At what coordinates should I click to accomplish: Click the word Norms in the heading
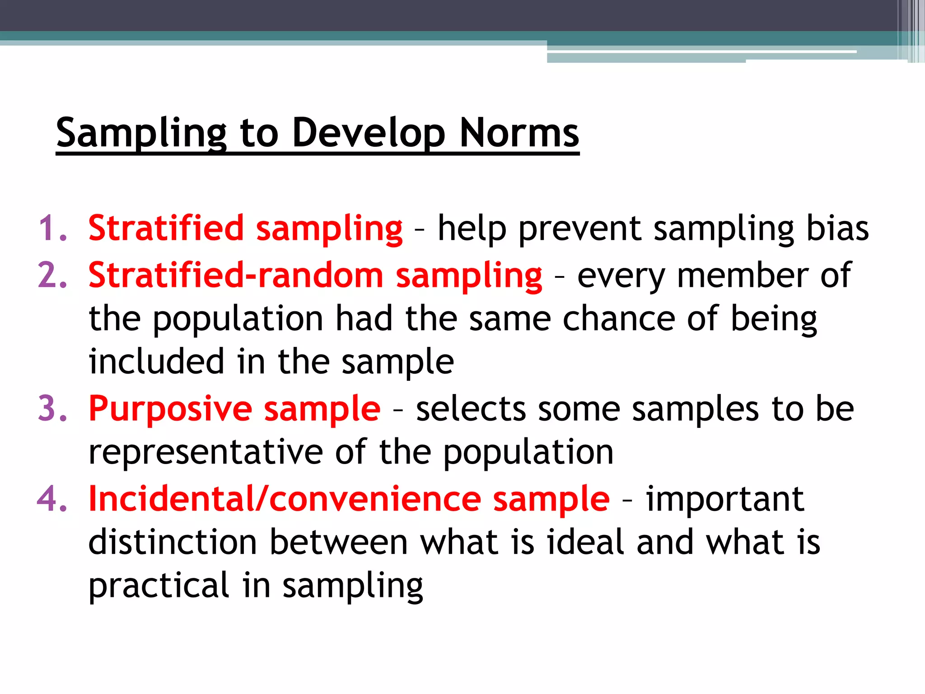click(x=519, y=133)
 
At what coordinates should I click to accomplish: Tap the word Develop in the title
click(x=369, y=134)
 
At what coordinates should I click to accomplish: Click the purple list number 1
click(x=52, y=228)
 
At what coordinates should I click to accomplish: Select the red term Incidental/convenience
click(x=285, y=499)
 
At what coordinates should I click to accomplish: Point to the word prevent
click(x=580, y=229)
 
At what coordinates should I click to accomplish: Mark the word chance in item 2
click(x=619, y=319)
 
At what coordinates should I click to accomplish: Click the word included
click(x=156, y=361)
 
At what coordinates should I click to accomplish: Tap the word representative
click(x=206, y=452)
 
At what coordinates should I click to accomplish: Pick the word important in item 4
click(x=724, y=500)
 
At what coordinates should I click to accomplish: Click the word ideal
click(x=585, y=542)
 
